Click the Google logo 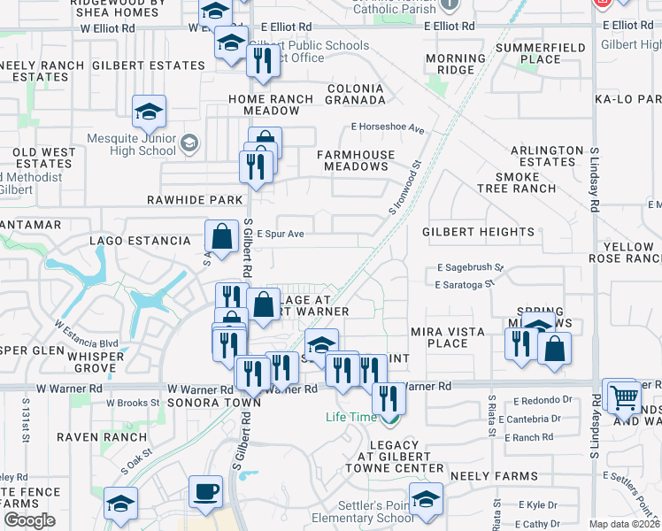(29, 520)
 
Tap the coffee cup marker (206, 491)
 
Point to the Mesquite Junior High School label (132, 144)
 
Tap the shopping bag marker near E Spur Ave (221, 236)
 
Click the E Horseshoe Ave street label (389, 127)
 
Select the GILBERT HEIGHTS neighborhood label (478, 233)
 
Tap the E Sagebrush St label (470, 266)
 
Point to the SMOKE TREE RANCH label (526, 182)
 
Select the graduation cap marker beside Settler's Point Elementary (426, 499)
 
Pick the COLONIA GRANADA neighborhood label (355, 95)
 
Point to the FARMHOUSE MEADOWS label (356, 160)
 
